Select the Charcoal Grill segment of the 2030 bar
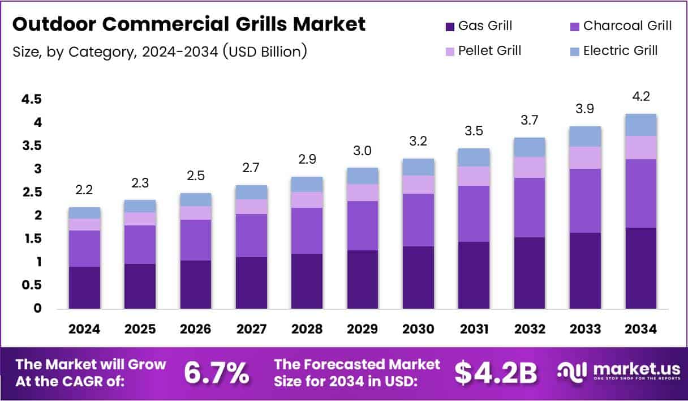point(418,220)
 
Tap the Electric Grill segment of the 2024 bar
point(84,213)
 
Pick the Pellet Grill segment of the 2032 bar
point(530,167)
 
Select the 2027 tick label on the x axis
point(251,329)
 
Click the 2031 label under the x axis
point(474,329)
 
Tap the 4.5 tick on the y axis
point(32,100)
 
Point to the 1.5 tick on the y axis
point(32,238)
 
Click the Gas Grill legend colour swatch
point(450,26)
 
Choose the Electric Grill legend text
point(620,50)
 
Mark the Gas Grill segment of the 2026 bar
point(196,284)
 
